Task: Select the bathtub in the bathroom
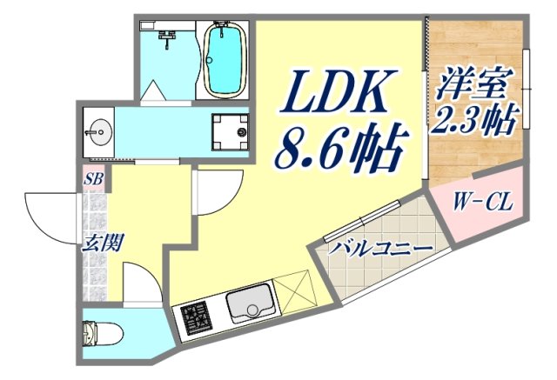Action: click(x=224, y=60)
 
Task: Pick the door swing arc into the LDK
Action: click(x=218, y=191)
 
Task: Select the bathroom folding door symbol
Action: click(x=154, y=91)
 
